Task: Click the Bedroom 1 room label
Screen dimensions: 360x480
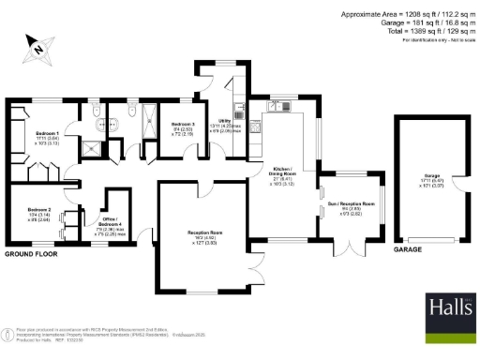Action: pos(35,134)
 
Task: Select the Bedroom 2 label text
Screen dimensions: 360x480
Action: pos(38,208)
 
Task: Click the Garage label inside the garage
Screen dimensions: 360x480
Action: pos(432,176)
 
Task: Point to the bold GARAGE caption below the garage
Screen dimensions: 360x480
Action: pos(409,250)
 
